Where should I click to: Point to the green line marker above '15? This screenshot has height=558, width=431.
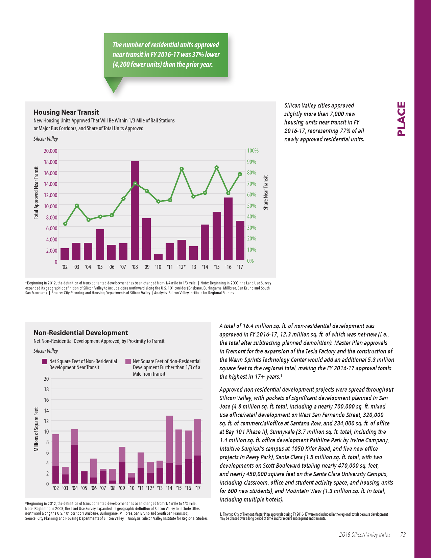coord(217,167)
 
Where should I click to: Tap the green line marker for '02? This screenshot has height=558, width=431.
coord(65,224)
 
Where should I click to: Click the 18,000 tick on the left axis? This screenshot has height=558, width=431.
coord(51,162)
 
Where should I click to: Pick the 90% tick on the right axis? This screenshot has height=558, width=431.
coord(252,162)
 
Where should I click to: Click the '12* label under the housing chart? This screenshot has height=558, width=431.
coord(182,267)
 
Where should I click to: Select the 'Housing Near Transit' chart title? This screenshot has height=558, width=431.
coord(66,112)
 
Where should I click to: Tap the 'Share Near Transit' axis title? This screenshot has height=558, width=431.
coord(266,192)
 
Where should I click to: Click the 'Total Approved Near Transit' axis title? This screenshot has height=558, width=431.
coord(36,193)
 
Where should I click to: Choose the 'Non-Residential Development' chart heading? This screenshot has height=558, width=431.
coord(81,333)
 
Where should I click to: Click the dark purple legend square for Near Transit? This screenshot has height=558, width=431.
coord(45,362)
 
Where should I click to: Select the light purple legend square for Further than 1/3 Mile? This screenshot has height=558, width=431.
coord(128,362)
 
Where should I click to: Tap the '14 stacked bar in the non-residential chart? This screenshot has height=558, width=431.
coord(169,449)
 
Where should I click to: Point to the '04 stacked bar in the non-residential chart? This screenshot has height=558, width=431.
coord(75,456)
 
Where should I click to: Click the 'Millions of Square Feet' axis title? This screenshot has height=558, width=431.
coord(36,429)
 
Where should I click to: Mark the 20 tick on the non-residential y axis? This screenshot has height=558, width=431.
coord(46,379)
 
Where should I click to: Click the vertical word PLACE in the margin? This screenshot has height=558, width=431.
coord(401,119)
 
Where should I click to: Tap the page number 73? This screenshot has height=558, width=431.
coord(403,535)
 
